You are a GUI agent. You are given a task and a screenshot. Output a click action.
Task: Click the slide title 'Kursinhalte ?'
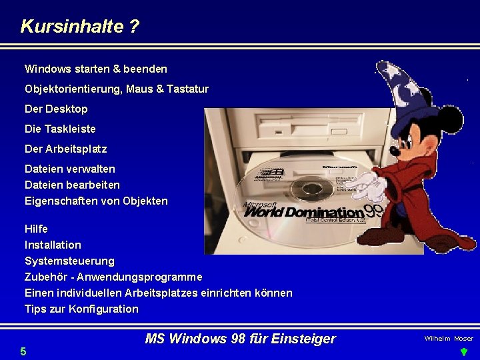(80, 27)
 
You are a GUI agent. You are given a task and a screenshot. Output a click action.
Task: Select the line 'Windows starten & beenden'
(96, 69)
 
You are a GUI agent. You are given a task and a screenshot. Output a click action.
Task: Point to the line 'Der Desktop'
(56, 109)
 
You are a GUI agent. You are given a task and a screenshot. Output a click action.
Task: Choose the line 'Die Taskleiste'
(60, 129)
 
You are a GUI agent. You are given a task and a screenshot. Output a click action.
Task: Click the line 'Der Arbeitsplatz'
(65, 149)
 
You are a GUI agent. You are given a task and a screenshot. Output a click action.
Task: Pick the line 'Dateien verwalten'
(69, 169)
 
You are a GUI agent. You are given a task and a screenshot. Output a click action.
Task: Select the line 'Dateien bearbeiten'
(72, 185)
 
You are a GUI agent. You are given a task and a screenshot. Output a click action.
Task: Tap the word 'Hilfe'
(36, 229)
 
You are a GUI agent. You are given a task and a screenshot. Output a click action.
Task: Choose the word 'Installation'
(53, 245)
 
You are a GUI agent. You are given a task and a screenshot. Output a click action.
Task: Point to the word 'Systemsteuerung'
(69, 261)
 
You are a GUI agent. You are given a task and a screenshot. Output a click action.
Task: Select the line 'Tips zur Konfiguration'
(81, 309)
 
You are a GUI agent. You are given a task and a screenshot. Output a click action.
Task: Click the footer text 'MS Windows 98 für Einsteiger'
(240, 339)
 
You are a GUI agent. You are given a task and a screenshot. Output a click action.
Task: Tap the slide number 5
(23, 351)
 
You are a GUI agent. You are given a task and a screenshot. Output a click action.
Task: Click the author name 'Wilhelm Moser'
(449, 339)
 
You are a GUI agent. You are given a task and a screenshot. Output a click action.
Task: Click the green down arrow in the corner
(464, 352)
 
